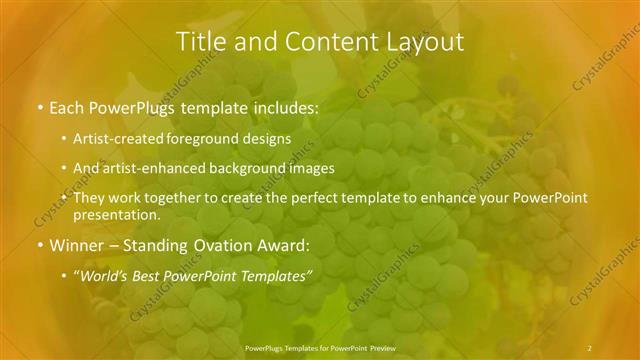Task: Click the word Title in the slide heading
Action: (199, 41)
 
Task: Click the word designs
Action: (269, 138)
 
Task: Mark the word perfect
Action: (315, 198)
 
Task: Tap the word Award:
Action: (281, 245)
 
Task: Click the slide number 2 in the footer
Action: (590, 347)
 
